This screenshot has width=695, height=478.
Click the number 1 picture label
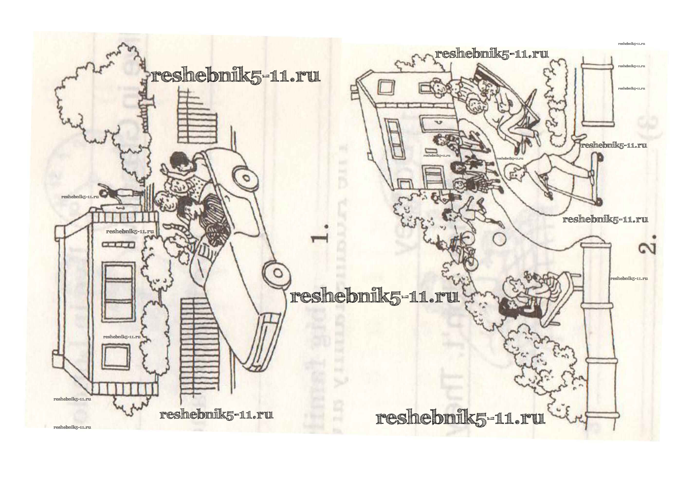click(320, 234)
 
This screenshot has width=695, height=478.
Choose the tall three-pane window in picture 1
click(118, 291)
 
